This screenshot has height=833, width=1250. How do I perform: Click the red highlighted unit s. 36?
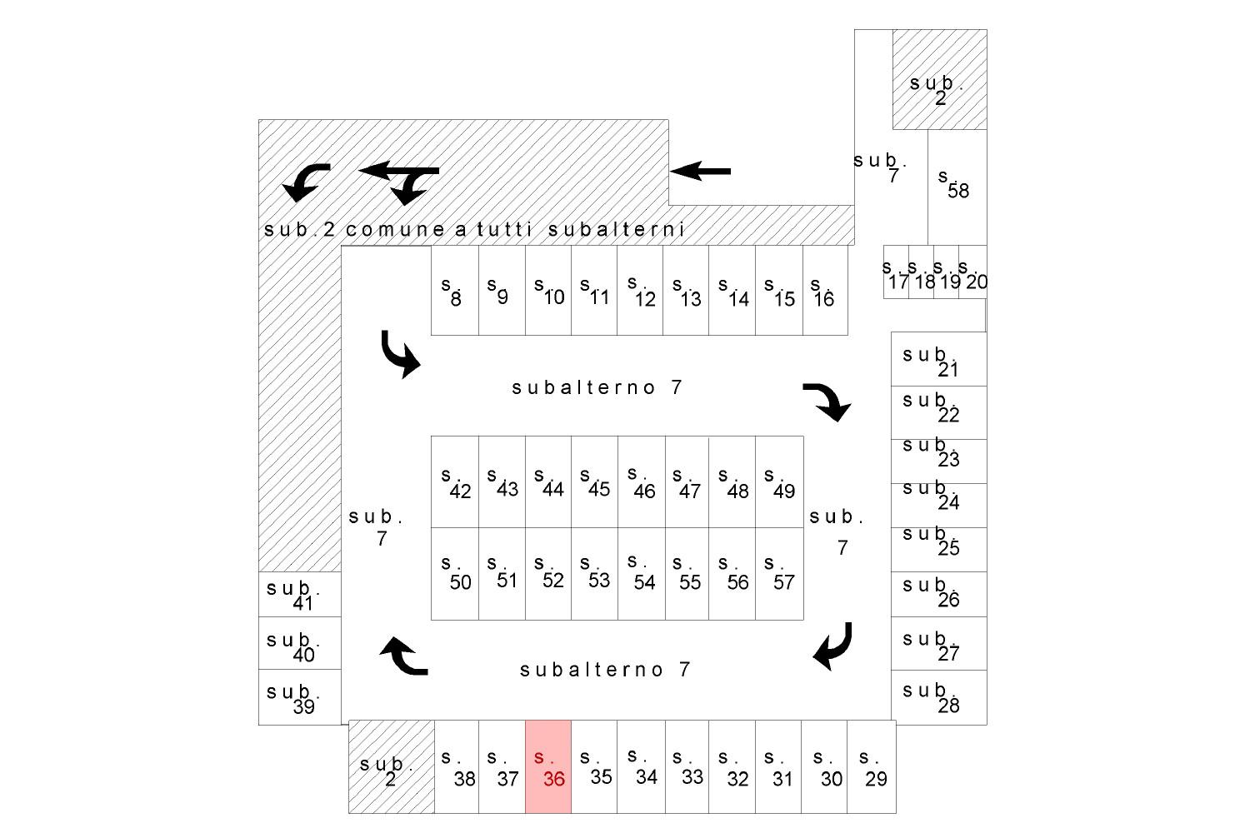click(x=548, y=766)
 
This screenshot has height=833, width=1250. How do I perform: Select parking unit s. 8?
click(x=455, y=291)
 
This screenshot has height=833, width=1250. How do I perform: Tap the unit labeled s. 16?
click(x=825, y=291)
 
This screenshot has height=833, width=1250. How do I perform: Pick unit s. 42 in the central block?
click(x=455, y=482)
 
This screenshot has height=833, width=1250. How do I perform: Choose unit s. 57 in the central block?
click(x=779, y=574)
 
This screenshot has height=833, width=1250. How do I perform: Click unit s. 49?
click(x=779, y=482)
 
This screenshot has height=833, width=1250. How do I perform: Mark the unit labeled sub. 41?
click(x=300, y=594)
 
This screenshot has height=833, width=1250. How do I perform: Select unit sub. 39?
click(x=300, y=697)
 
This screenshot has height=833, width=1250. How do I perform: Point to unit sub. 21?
click(x=938, y=359)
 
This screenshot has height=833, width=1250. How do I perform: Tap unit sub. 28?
click(x=938, y=697)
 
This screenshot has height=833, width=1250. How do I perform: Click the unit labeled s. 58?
click(x=957, y=187)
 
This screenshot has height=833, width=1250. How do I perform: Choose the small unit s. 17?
click(x=896, y=272)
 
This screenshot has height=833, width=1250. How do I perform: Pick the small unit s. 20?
click(x=972, y=272)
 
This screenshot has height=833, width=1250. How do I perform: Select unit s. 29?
click(x=872, y=766)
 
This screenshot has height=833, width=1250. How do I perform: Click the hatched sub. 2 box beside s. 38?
click(x=392, y=766)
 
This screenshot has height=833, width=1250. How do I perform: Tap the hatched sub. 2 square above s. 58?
click(x=940, y=80)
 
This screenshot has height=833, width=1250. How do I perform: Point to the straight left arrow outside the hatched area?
click(x=700, y=172)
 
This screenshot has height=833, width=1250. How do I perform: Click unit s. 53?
click(x=594, y=574)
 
